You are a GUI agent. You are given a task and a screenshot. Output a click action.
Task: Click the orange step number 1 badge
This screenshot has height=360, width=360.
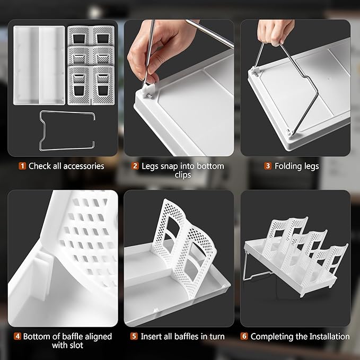point(22,166)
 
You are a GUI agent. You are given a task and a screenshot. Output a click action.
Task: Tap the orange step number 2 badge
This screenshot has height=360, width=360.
point(135,166)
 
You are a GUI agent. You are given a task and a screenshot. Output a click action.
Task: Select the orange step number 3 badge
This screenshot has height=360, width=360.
point(268,166)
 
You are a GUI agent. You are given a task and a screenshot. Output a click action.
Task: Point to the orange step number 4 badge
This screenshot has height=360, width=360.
point(17,336)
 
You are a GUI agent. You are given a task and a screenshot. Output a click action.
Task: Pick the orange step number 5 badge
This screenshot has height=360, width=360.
point(134,336)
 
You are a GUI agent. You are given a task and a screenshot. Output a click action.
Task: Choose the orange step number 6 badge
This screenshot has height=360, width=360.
point(244,336)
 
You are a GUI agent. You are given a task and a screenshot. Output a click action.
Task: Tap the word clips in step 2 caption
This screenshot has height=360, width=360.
point(183,175)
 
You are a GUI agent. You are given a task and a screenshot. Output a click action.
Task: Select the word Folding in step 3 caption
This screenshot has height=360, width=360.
point(287,166)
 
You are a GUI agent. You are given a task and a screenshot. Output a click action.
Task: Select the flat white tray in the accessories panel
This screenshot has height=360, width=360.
point(39,65)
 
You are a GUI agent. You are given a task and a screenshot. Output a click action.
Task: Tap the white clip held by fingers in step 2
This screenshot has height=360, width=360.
point(148,91)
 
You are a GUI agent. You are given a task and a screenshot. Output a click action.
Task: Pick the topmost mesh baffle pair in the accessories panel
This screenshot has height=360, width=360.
point(91,36)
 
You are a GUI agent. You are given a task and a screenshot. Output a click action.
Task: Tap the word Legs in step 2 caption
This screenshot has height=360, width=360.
point(150,166)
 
